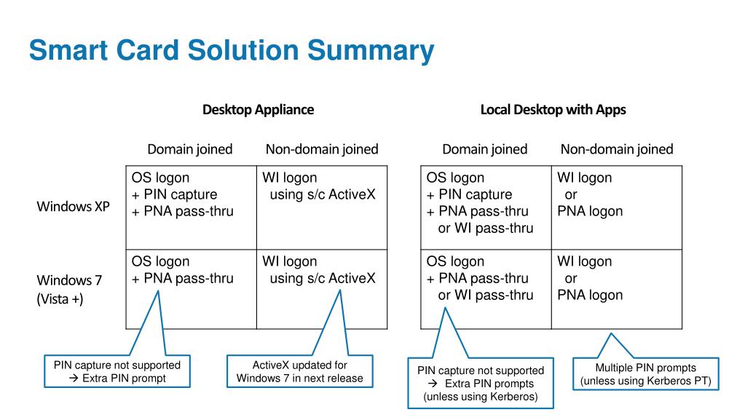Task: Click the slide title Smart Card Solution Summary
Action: pos(232,50)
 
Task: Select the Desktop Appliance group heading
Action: pos(258,110)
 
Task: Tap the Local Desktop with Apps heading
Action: pos(553,110)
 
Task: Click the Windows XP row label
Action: pos(73,206)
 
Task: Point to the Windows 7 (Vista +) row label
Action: pos(69,289)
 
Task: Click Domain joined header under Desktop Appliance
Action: pos(189,149)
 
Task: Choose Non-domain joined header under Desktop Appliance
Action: pos(321,149)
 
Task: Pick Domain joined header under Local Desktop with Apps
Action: pos(484,149)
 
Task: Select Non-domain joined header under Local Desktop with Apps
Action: pos(616,149)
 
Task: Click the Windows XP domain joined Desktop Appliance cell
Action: pos(191,207)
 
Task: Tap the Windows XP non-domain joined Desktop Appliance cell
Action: pos(321,207)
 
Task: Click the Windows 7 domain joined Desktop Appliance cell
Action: pos(191,289)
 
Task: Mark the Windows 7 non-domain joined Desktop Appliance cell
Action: pos(321,289)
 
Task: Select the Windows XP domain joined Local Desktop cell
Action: pos(485,207)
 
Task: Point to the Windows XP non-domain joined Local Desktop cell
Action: pos(616,207)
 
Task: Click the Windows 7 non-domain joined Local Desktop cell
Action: pos(616,289)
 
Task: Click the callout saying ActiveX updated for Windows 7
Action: pos(299,371)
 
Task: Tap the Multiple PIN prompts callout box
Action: pos(645,374)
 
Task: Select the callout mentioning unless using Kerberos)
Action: pos(480,383)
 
